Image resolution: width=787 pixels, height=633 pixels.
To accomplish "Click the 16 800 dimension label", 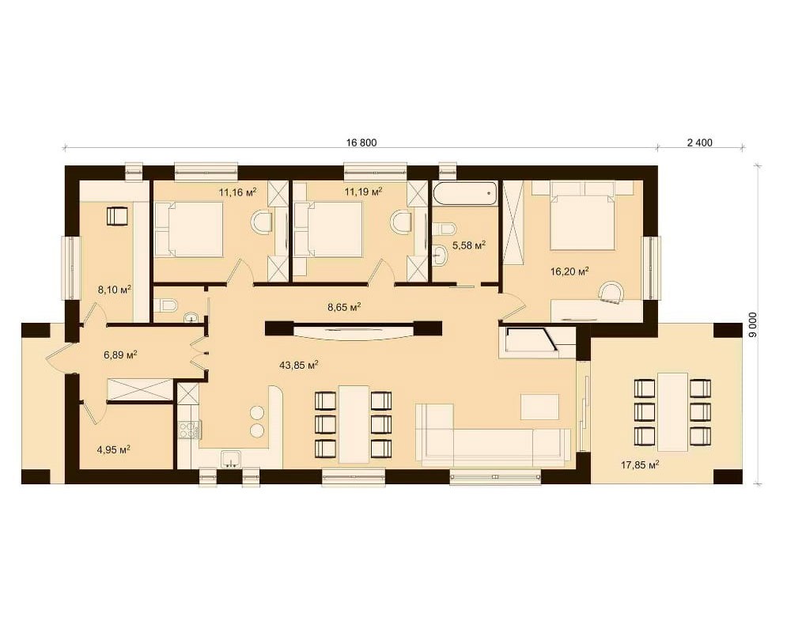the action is (x=361, y=142).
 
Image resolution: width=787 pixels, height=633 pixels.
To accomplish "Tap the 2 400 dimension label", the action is (x=700, y=142).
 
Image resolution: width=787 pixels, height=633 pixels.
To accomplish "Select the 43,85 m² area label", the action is (x=299, y=366).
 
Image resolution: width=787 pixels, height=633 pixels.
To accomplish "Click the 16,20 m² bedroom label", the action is (x=569, y=271).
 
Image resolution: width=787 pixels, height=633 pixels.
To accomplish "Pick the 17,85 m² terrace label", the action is (x=640, y=464).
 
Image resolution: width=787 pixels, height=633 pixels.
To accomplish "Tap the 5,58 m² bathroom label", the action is (x=469, y=245).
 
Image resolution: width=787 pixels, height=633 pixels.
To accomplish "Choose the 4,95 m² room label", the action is (x=113, y=449).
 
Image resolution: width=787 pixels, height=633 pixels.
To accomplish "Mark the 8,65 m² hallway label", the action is (x=345, y=307).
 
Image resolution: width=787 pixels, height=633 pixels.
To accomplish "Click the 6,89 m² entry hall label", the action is (x=120, y=355).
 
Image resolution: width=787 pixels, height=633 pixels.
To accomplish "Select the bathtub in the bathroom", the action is (x=464, y=194).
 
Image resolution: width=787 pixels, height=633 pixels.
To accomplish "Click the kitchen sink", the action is (x=231, y=459).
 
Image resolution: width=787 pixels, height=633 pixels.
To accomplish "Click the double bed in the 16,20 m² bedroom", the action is (x=582, y=215).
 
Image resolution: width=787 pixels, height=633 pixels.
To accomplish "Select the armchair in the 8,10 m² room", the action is (x=117, y=216).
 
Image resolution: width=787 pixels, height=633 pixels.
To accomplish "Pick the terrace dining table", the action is (x=672, y=411).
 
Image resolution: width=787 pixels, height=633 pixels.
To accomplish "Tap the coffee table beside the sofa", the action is (x=539, y=407).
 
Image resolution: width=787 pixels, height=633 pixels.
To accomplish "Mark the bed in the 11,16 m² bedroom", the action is (x=189, y=229).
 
